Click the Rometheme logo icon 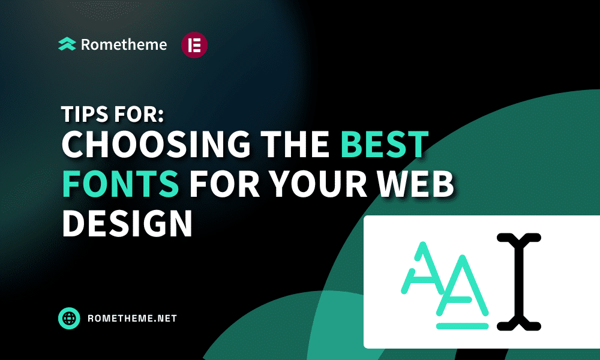pyautogui.click(x=67, y=44)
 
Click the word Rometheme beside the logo pyautogui.click(x=124, y=44)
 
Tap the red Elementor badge pyautogui.click(x=194, y=45)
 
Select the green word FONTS pyautogui.click(x=121, y=184)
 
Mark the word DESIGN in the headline pyautogui.click(x=127, y=223)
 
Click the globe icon pyautogui.click(x=69, y=318)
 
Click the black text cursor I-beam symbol pyautogui.click(x=519, y=282)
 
